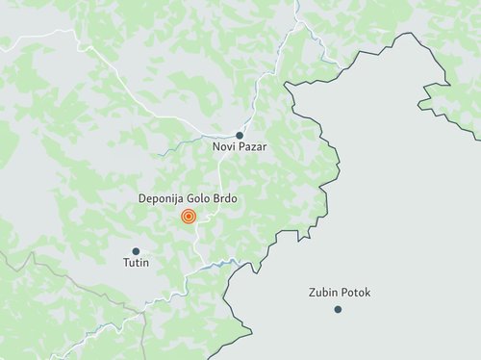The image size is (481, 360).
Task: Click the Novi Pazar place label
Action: click(240, 147)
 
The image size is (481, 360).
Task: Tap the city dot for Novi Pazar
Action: click(240, 135)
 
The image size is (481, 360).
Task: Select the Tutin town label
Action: click(136, 262)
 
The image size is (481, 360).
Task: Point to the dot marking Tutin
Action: click(136, 250)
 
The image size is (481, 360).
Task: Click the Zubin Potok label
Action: click(340, 293)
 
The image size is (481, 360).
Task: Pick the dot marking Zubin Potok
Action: click(338, 308)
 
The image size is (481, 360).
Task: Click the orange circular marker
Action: click(189, 216)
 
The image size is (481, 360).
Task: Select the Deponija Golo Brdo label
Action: click(189, 198)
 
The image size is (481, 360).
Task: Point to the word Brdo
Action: click(226, 198)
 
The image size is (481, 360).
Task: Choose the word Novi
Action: click(223, 147)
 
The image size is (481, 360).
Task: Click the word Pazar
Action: click(251, 147)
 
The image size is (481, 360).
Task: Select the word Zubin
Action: click(323, 293)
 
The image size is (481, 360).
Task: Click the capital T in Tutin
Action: click(125, 262)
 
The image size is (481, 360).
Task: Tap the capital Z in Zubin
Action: click(313, 293)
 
